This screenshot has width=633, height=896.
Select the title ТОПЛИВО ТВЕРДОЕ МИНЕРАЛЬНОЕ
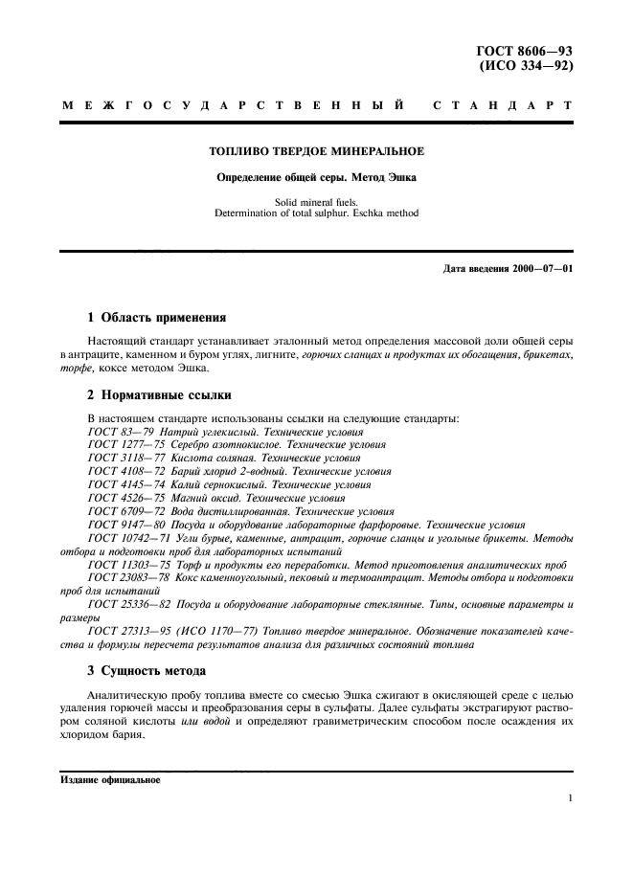(x=316, y=151)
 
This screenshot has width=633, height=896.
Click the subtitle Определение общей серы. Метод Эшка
(x=316, y=177)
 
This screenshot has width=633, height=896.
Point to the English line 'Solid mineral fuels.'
(x=316, y=203)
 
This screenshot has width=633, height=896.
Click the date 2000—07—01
(x=540, y=267)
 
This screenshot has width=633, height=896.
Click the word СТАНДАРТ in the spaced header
(x=504, y=104)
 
